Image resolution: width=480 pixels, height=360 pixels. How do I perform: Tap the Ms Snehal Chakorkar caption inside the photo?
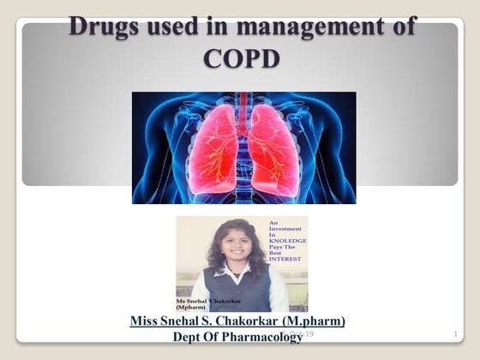coord(207,303)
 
